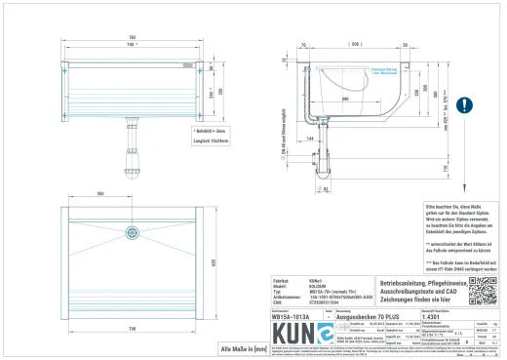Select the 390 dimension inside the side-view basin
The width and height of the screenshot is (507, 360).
pyautogui.click(x=344, y=99)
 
